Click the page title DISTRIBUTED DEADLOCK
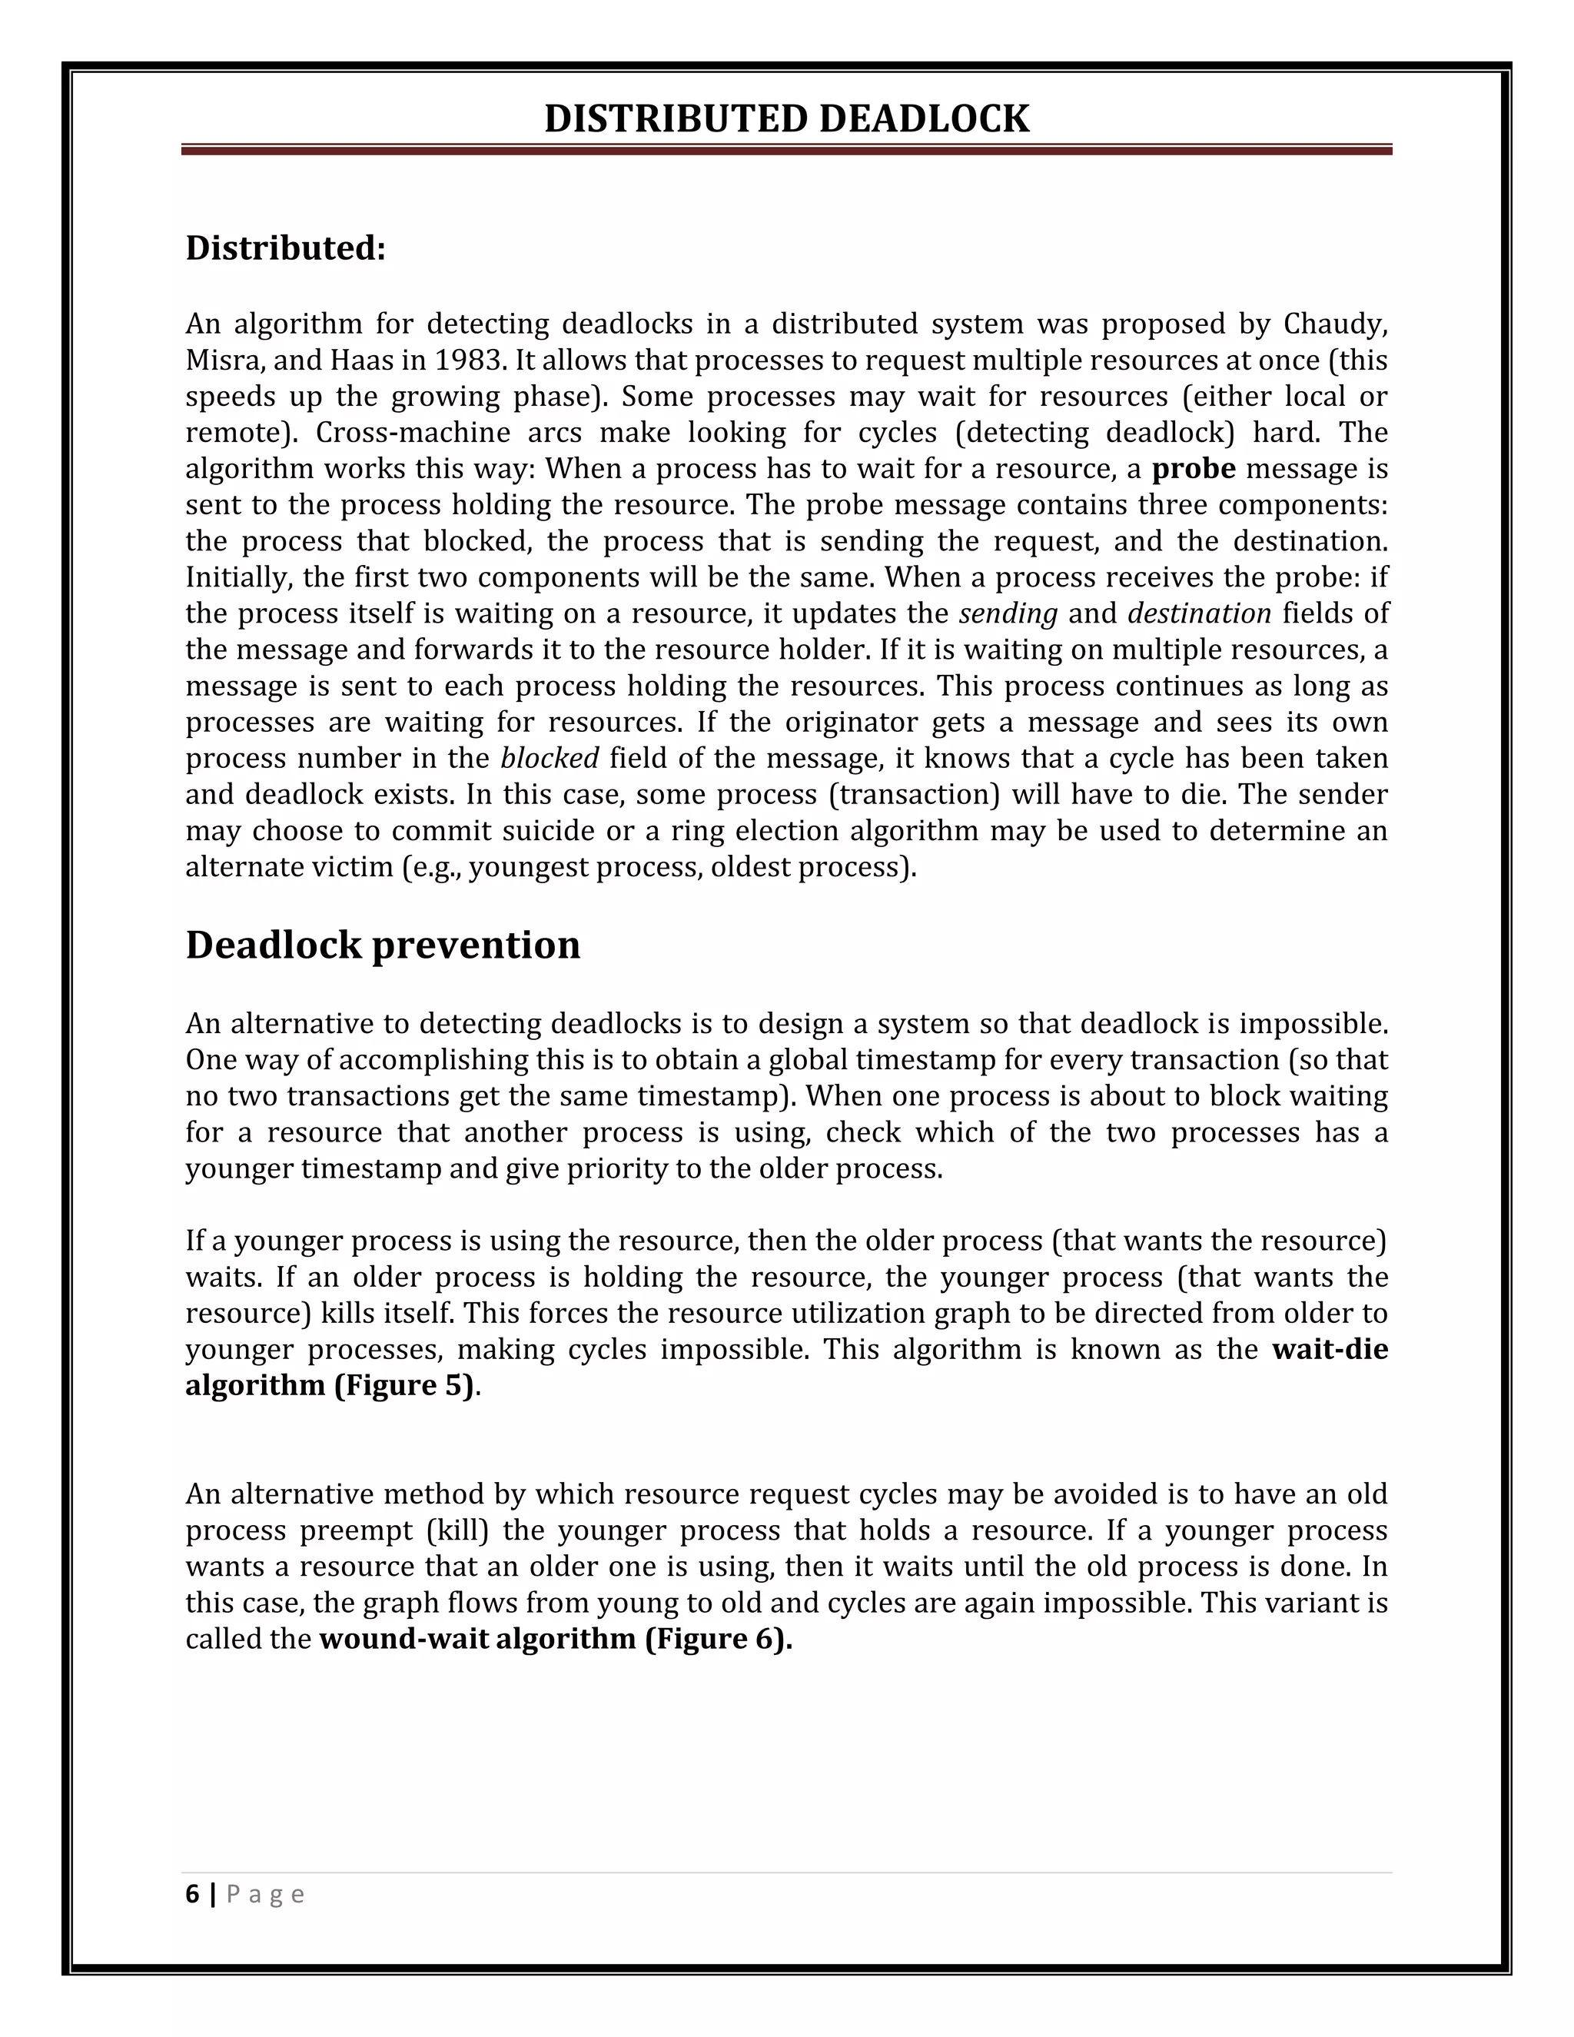(x=786, y=119)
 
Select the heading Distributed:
(x=285, y=248)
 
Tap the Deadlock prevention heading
(x=382, y=945)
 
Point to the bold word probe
(x=1193, y=468)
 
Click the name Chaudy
(x=1334, y=324)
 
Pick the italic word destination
(x=1199, y=613)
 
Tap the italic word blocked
(x=550, y=758)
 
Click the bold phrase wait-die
(x=1329, y=1350)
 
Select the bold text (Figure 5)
(x=403, y=1386)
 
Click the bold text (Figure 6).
(x=718, y=1639)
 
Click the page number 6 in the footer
(x=192, y=1894)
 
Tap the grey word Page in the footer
(x=265, y=1894)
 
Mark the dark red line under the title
(x=786, y=149)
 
